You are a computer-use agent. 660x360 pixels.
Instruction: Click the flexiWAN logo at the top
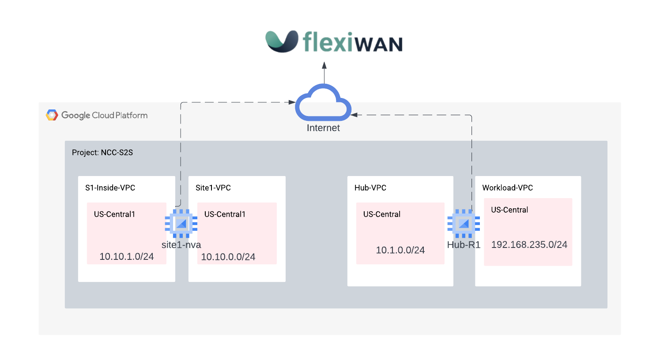(x=334, y=42)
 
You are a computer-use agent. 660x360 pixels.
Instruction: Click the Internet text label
(x=323, y=128)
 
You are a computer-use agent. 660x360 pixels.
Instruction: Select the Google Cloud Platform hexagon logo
(x=52, y=115)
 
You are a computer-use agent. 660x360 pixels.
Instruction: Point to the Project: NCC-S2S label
(x=102, y=153)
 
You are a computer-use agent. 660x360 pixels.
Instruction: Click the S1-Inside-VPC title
(x=110, y=188)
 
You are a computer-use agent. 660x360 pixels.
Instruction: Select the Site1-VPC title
(x=213, y=188)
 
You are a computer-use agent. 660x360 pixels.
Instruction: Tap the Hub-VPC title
(x=370, y=188)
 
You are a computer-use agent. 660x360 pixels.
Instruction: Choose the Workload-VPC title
(x=507, y=188)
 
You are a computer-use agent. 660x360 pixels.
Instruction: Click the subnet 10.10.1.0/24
(x=127, y=257)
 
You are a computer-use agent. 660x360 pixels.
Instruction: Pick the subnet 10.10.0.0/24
(x=228, y=257)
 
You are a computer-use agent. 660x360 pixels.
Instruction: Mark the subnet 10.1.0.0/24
(x=400, y=250)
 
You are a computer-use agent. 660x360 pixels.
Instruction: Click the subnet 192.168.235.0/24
(x=529, y=245)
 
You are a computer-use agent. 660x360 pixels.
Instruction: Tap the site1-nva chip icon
(x=181, y=223)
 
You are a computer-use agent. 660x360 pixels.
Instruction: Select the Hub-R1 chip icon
(x=464, y=223)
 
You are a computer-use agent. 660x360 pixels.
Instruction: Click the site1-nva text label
(x=181, y=245)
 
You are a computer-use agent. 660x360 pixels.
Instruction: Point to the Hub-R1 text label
(x=464, y=245)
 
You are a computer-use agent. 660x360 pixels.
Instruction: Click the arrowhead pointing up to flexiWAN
(x=324, y=66)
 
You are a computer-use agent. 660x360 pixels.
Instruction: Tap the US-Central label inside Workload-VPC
(x=509, y=210)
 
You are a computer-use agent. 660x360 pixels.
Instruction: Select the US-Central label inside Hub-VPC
(x=382, y=214)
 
